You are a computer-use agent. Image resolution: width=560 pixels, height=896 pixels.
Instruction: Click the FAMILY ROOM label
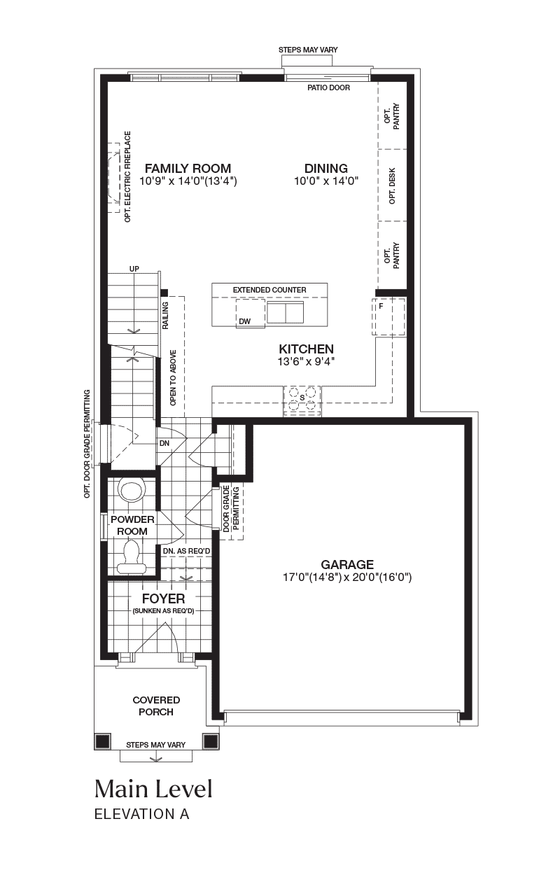[x=188, y=169]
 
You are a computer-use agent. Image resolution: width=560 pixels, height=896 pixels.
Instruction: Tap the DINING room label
[x=326, y=169]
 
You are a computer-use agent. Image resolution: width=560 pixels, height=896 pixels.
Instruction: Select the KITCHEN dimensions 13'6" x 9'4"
[x=306, y=362]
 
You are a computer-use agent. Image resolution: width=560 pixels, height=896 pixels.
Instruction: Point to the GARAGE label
[x=347, y=564]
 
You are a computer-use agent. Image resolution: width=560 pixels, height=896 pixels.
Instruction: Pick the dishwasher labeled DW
[x=251, y=314]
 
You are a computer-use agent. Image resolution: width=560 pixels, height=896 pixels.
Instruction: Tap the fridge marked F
[x=388, y=317]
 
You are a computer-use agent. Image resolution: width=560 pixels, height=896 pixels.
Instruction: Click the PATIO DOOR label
[x=328, y=87]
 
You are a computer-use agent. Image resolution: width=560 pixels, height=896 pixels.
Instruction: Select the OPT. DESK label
[x=392, y=185]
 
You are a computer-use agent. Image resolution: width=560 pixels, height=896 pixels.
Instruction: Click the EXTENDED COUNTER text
[x=269, y=290]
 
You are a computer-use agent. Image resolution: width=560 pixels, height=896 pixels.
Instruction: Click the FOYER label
[x=164, y=598]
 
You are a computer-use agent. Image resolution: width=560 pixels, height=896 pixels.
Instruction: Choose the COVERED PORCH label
[x=156, y=706]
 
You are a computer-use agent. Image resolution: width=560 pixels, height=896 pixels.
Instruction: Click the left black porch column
[x=103, y=741]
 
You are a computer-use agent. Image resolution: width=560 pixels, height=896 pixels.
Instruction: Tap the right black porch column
[x=211, y=741]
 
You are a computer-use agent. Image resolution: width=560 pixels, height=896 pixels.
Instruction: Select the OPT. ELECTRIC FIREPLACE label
[x=127, y=177]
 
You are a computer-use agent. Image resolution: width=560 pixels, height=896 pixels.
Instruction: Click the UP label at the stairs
[x=134, y=269]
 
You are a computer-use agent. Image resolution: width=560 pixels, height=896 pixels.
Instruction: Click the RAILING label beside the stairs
[x=166, y=316]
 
